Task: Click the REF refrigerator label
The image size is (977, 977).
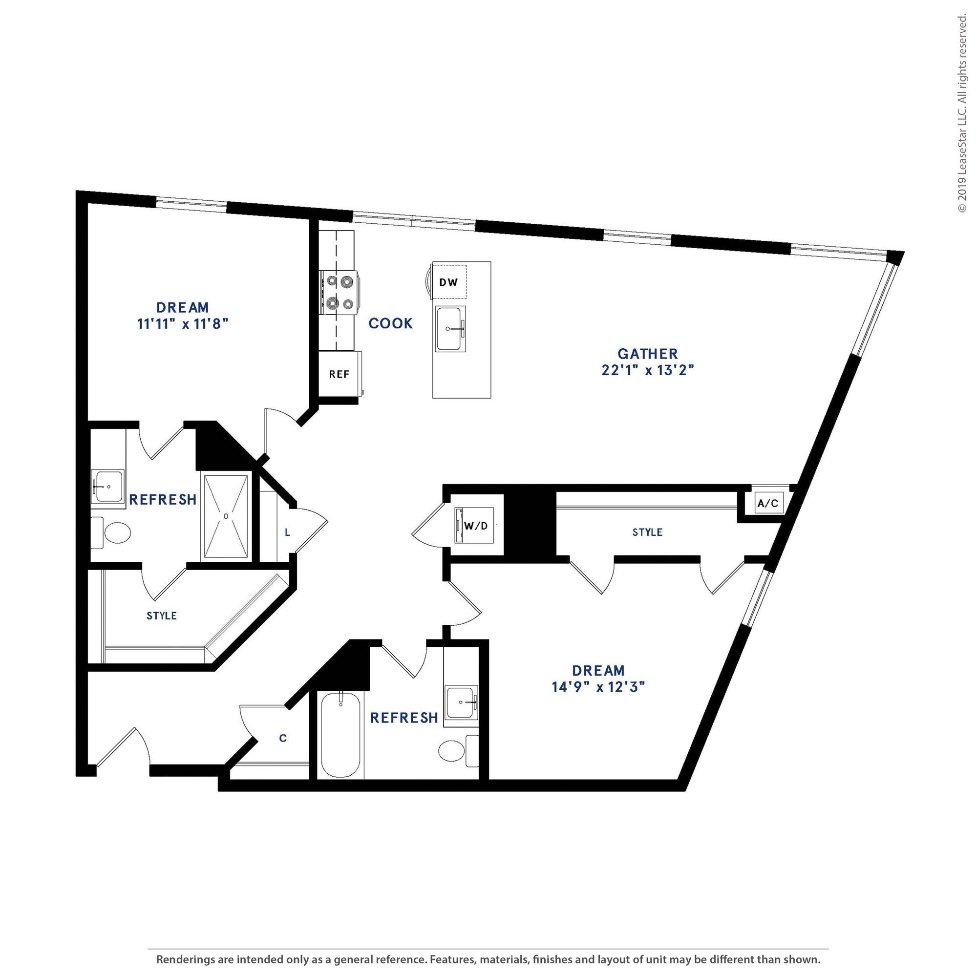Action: click(339, 374)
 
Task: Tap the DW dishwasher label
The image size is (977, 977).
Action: click(448, 282)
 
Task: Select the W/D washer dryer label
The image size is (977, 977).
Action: click(476, 526)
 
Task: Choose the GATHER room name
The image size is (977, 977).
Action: click(648, 354)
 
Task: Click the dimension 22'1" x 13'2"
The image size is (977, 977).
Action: click(648, 370)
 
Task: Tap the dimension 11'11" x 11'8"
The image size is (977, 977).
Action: click(183, 324)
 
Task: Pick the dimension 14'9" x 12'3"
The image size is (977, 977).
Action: click(599, 687)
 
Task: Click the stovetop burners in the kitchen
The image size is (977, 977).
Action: click(340, 292)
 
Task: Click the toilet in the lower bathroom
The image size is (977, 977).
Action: click(458, 751)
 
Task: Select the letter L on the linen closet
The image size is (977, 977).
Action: click(287, 532)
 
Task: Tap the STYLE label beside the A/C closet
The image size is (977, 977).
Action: click(647, 532)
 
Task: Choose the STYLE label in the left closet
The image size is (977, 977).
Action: click(162, 616)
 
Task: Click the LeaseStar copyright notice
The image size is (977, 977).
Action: click(962, 113)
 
